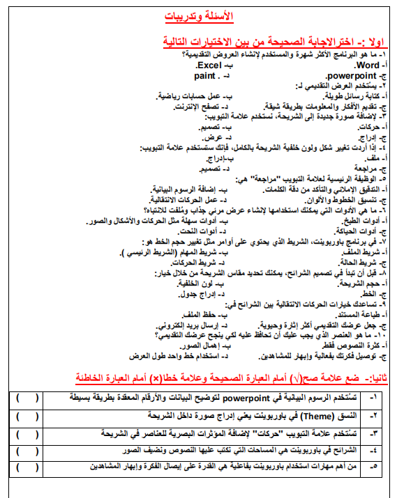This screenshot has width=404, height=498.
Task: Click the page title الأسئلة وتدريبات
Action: [x=203, y=15]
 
